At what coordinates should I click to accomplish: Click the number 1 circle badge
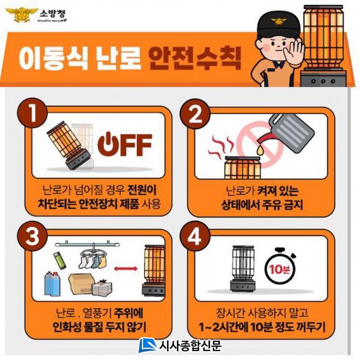(x=32, y=113)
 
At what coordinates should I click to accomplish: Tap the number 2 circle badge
(x=195, y=114)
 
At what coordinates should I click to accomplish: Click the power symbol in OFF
(x=108, y=145)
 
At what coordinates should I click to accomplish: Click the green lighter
(x=59, y=260)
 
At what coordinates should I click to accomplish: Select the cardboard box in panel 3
(x=81, y=284)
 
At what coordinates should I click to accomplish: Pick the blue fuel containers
(x=52, y=284)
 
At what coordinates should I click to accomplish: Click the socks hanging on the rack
(x=93, y=262)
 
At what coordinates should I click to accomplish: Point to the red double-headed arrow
(x=126, y=269)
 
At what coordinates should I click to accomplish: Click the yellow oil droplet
(x=260, y=150)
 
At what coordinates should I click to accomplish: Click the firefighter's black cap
(x=279, y=25)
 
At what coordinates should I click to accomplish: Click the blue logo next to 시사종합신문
(x=148, y=345)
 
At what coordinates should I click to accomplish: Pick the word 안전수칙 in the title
(x=195, y=58)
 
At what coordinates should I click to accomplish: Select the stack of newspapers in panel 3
(x=102, y=288)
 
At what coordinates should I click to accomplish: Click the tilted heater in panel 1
(x=68, y=145)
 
